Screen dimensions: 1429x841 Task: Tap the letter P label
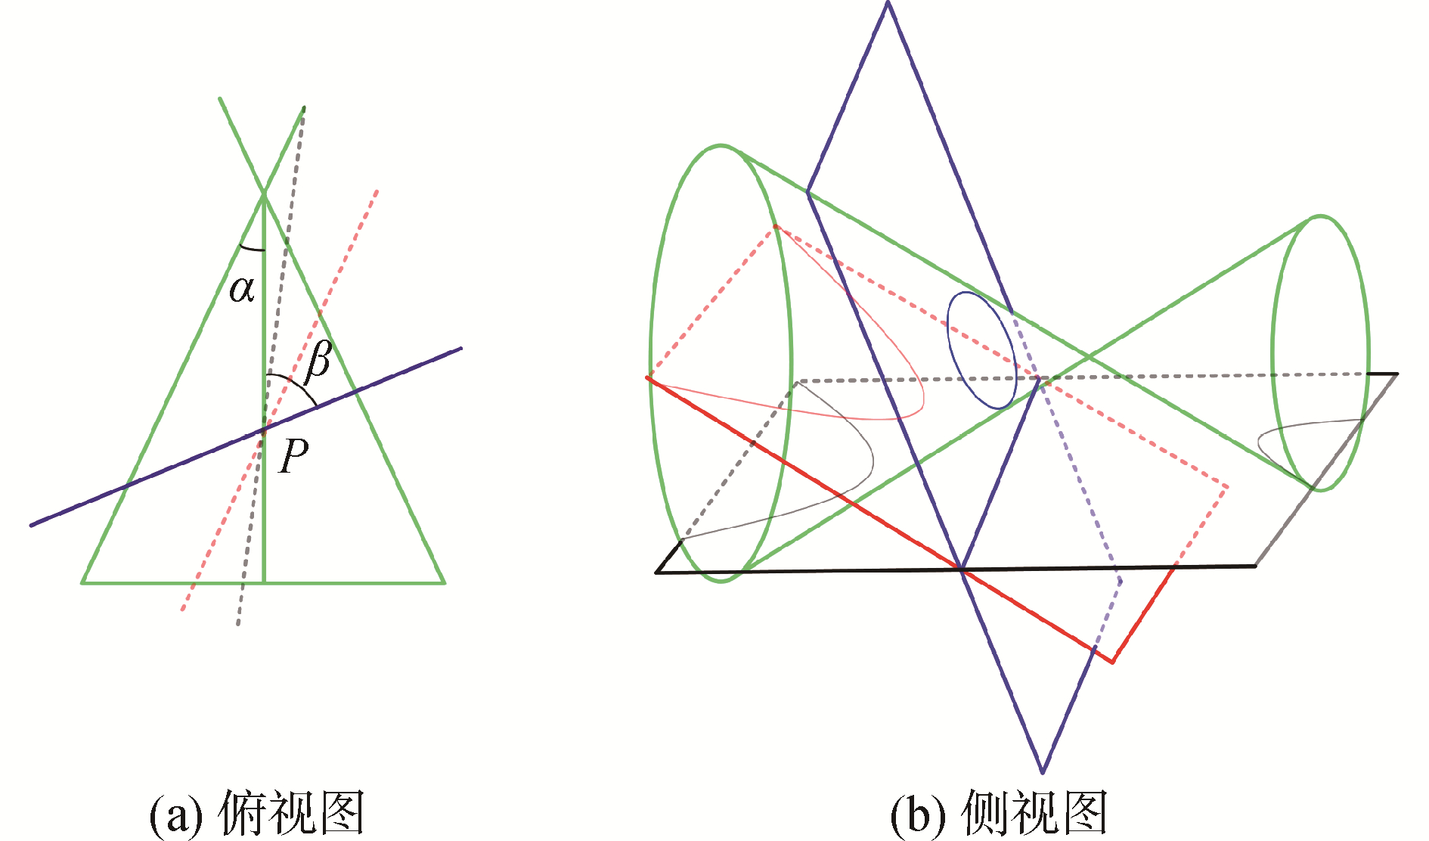293,455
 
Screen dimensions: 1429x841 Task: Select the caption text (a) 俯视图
257,814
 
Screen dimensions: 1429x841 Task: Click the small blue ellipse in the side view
981,350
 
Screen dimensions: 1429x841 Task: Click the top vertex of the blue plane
888,3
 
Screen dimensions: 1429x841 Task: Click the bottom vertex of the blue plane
1042,772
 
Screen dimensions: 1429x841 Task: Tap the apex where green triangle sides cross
264,195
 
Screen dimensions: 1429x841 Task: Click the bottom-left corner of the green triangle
82,582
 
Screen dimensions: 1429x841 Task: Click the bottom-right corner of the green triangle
444,582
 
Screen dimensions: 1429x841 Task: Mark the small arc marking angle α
251,248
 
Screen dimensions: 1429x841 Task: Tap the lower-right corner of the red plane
1112,663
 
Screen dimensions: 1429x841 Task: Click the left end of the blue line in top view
32,525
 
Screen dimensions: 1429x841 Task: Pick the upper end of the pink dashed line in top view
377,191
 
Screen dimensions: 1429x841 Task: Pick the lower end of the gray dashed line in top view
238,624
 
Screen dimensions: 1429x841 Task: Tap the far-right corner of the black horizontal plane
1396,374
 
